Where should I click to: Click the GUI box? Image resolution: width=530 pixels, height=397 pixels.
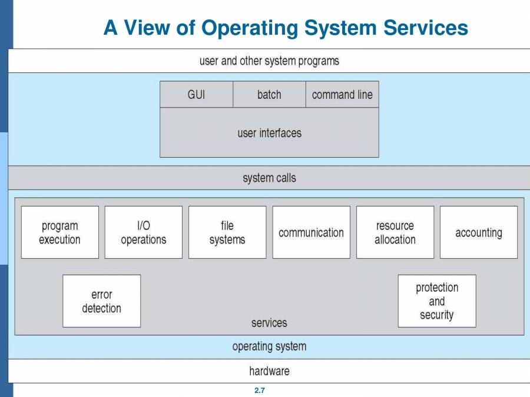[196, 95]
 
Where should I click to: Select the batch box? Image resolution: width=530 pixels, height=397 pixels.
[269, 95]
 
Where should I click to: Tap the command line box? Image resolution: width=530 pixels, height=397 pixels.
[342, 95]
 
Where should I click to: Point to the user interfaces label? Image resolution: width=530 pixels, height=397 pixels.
[269, 133]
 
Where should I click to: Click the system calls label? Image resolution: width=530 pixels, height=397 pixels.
[269, 178]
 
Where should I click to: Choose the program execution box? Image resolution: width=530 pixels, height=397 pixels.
[60, 232]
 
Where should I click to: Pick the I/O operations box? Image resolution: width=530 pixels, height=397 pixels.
[144, 232]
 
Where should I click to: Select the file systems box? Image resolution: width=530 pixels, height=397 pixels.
[227, 232]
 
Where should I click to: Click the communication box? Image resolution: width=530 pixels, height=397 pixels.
[311, 232]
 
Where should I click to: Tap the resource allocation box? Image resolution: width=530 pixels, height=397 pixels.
[395, 232]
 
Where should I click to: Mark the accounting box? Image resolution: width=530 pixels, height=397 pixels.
[479, 232]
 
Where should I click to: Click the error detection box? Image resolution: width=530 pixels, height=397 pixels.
[102, 301]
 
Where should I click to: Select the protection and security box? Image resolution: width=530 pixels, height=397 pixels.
[437, 301]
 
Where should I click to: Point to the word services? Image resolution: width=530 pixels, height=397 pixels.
[269, 323]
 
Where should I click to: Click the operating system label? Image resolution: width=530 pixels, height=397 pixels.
[269, 346]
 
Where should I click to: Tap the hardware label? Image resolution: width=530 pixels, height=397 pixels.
[269, 371]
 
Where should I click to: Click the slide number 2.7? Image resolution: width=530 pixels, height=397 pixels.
[260, 391]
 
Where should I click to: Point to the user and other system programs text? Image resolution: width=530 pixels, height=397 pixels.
[269, 61]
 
